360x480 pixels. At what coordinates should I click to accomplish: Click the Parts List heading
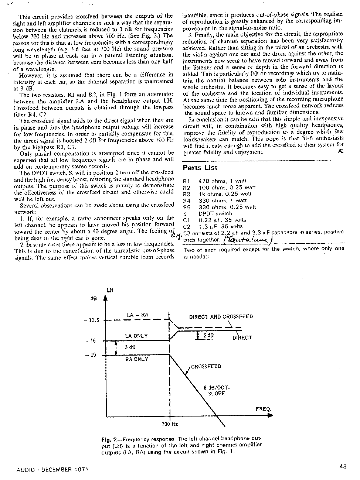[200, 168]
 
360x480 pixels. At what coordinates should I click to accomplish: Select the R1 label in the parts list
[186, 181]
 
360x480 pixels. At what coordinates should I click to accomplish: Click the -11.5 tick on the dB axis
[92, 320]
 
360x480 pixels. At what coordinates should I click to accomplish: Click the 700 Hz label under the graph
[170, 424]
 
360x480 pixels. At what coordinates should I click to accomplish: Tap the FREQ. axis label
[263, 409]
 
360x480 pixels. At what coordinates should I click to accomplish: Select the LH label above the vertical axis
[110, 291]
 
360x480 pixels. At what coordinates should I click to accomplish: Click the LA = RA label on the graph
[137, 315]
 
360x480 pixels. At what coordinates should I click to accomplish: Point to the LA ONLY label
[136, 336]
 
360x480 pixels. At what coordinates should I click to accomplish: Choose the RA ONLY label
[136, 359]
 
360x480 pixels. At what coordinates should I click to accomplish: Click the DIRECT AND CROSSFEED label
[221, 317]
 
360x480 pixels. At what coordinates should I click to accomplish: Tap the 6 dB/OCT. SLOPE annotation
[217, 391]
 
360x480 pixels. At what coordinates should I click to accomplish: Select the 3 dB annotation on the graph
[130, 347]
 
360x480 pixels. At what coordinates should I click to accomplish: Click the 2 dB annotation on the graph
[208, 336]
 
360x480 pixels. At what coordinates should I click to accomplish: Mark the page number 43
[342, 466]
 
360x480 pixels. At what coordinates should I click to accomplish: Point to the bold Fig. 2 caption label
[109, 440]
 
